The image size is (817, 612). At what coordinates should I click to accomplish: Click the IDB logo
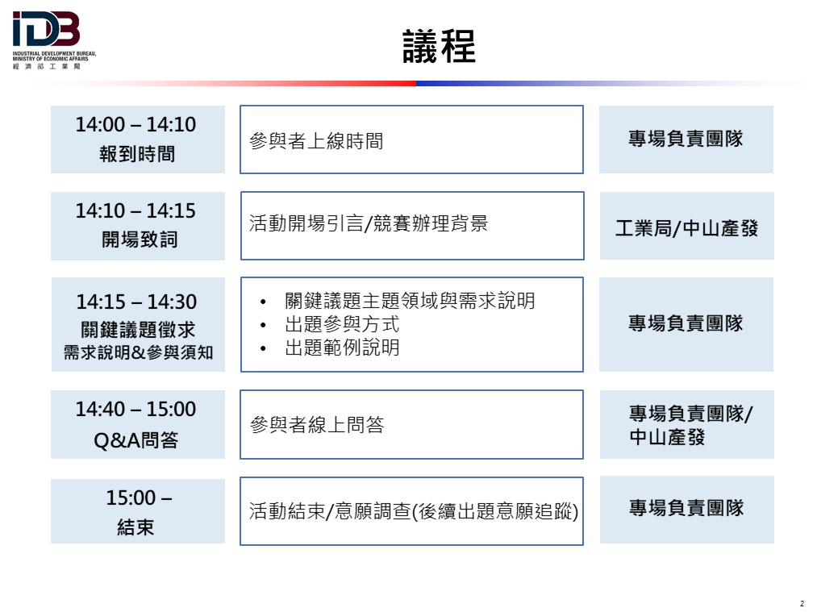(54, 40)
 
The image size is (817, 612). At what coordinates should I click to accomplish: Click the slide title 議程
(440, 46)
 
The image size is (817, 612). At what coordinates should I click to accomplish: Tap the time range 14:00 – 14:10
(136, 124)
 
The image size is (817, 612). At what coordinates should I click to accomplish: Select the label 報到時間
(137, 154)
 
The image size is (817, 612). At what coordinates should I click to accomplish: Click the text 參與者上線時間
(316, 141)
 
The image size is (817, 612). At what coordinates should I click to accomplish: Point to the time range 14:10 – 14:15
(136, 211)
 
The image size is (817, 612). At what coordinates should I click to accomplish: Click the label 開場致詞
(140, 239)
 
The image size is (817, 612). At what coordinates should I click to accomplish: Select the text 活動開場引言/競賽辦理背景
(369, 223)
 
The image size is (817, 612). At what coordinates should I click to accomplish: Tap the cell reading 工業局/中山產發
(686, 228)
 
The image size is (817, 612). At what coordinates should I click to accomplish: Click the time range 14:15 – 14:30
(136, 302)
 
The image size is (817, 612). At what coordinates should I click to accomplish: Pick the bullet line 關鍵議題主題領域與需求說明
(410, 301)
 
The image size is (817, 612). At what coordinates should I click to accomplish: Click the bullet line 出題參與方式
(342, 324)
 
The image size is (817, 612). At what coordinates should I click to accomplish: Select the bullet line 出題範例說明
(342, 348)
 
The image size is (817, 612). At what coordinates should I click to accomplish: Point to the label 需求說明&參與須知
(139, 352)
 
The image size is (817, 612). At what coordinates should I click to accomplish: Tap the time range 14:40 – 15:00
(136, 410)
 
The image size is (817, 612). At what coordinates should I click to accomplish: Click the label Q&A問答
(136, 440)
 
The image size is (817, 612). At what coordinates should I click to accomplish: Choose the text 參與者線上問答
(317, 425)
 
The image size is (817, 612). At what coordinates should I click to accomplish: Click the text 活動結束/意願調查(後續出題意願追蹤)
(414, 511)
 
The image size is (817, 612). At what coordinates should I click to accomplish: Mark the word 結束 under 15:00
(136, 527)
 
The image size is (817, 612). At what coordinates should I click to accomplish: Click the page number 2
(802, 604)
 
